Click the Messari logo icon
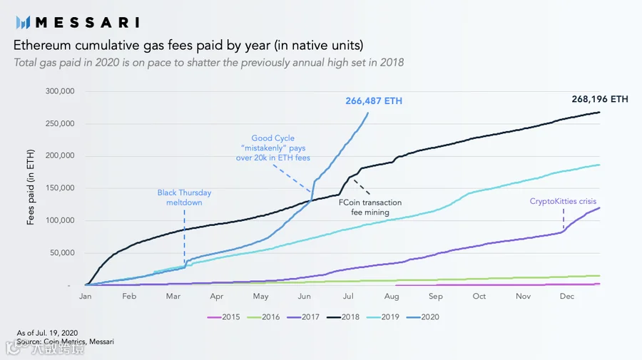(x=23, y=23)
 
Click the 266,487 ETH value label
(x=374, y=101)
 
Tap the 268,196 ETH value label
(x=600, y=99)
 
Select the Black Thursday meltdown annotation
(x=184, y=197)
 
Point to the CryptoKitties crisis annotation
(x=563, y=201)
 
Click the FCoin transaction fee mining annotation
(x=370, y=207)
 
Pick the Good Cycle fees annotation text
(x=273, y=148)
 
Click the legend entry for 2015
(x=223, y=317)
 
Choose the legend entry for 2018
(x=343, y=317)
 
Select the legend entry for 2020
(x=423, y=317)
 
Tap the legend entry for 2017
(x=303, y=317)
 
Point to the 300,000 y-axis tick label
(x=60, y=91)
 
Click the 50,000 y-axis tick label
(x=62, y=253)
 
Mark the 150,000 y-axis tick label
(x=60, y=188)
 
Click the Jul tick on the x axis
(x=348, y=296)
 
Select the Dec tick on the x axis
(x=567, y=296)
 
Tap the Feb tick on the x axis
(x=129, y=296)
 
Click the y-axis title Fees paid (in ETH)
(x=30, y=187)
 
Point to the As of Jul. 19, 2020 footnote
(x=47, y=333)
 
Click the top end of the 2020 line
(x=367, y=113)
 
